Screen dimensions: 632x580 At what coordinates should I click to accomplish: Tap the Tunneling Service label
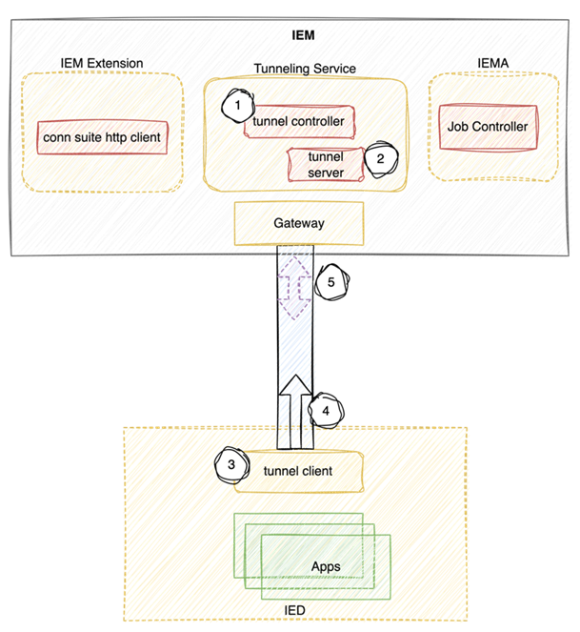(x=305, y=69)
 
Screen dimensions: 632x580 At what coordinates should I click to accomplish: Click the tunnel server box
(x=326, y=163)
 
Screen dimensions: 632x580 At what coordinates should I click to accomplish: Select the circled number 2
(x=379, y=158)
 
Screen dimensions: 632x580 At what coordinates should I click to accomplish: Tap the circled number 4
(x=326, y=410)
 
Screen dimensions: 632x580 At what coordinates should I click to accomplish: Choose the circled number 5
(x=330, y=282)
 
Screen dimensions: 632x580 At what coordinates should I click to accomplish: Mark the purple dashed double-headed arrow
(x=294, y=283)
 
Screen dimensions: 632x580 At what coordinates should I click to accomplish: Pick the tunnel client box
(x=299, y=471)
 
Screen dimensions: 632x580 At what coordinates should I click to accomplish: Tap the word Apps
(x=326, y=566)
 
